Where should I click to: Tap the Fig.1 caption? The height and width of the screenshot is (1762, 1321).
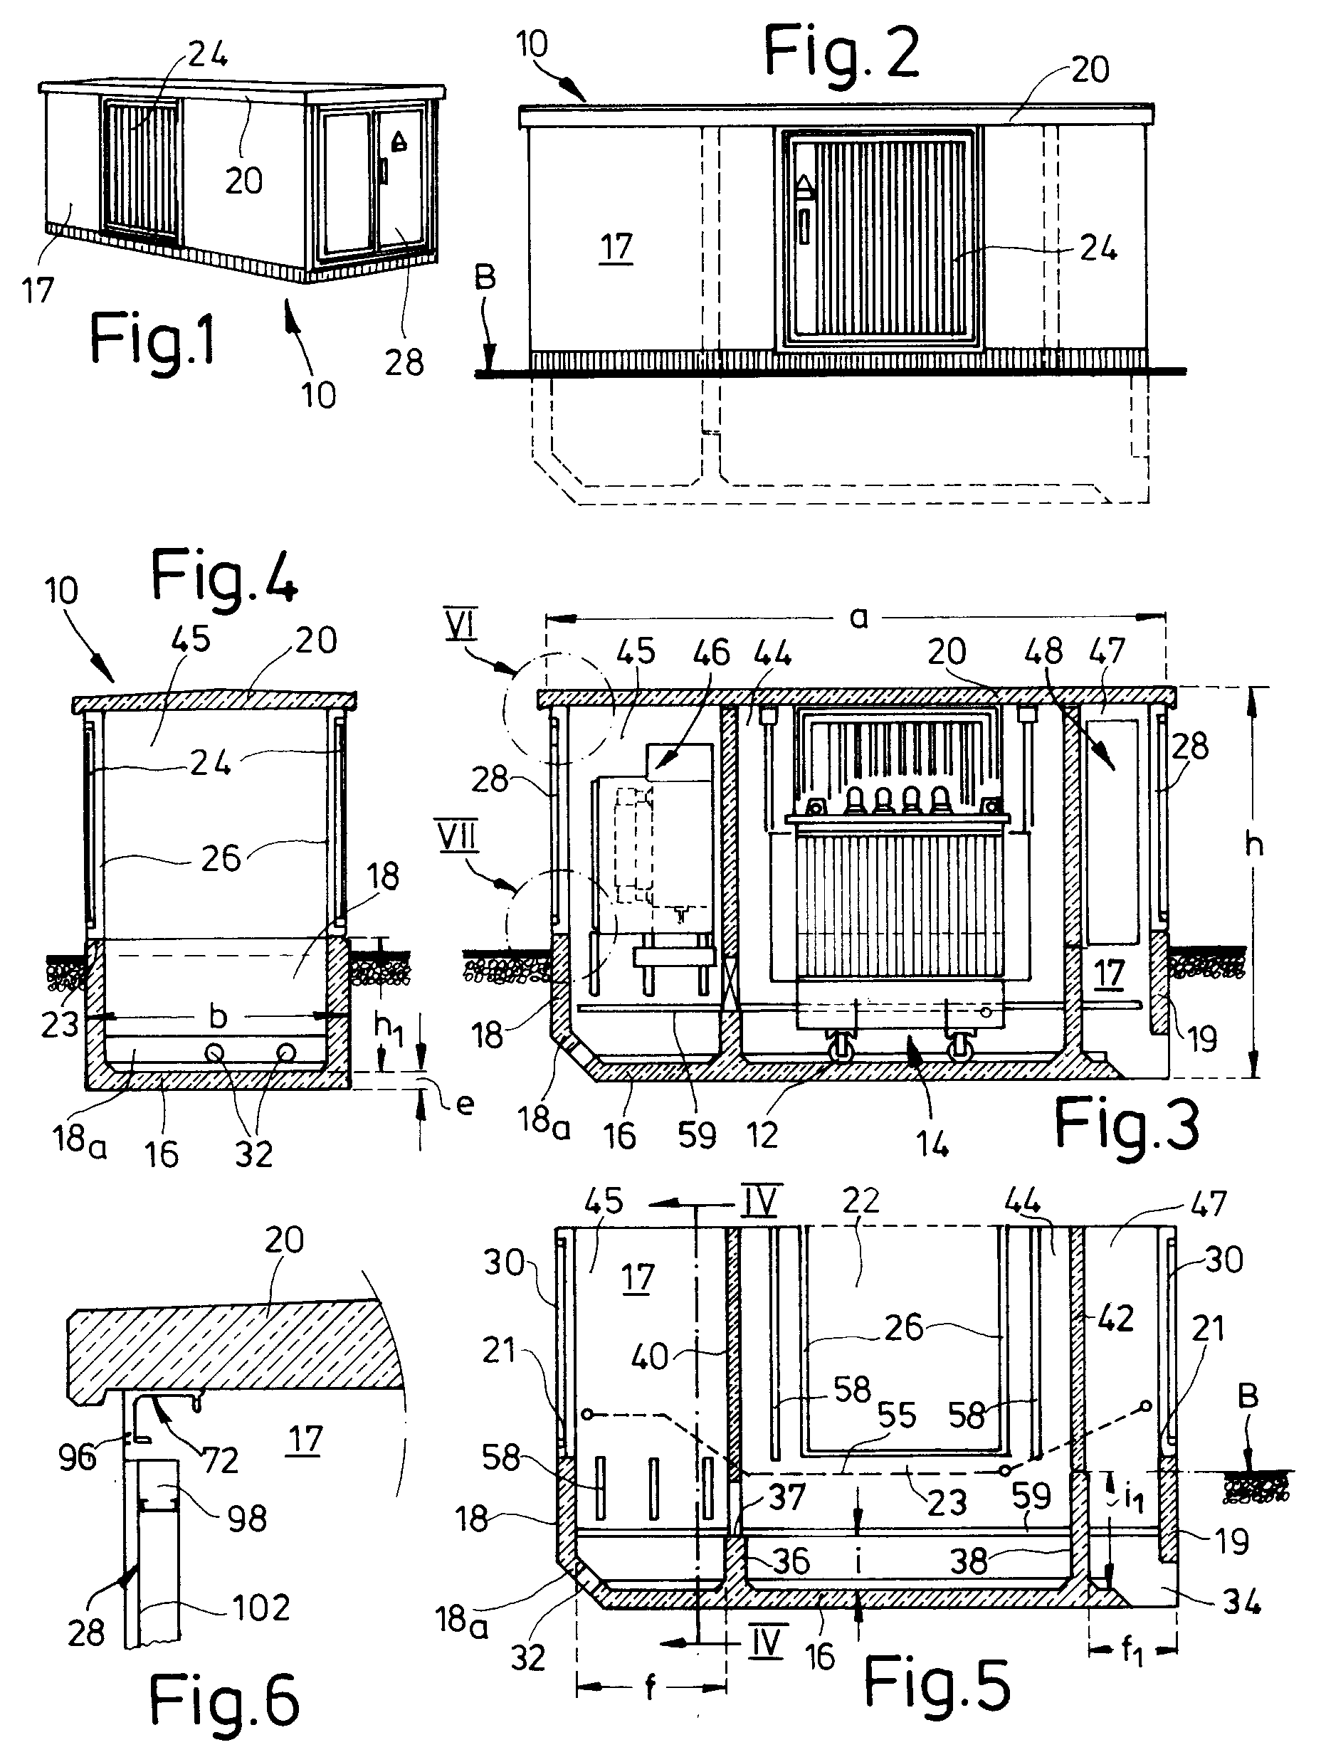[x=152, y=338]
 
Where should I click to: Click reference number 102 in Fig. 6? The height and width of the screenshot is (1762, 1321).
[x=262, y=1607]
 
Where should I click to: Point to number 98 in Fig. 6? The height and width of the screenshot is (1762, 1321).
[x=247, y=1518]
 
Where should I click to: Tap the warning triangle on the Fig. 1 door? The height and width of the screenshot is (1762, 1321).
[x=399, y=142]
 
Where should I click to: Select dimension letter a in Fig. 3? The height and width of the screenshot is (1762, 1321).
[x=858, y=617]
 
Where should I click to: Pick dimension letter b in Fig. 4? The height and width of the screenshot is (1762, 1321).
[x=218, y=1016]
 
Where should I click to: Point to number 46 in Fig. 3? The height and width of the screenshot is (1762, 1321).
[x=712, y=653]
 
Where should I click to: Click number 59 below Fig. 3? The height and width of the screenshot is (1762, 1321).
[x=696, y=1135]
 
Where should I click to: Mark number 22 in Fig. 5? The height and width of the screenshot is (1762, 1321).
[x=860, y=1201]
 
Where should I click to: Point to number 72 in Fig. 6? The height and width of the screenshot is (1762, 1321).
[x=220, y=1460]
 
